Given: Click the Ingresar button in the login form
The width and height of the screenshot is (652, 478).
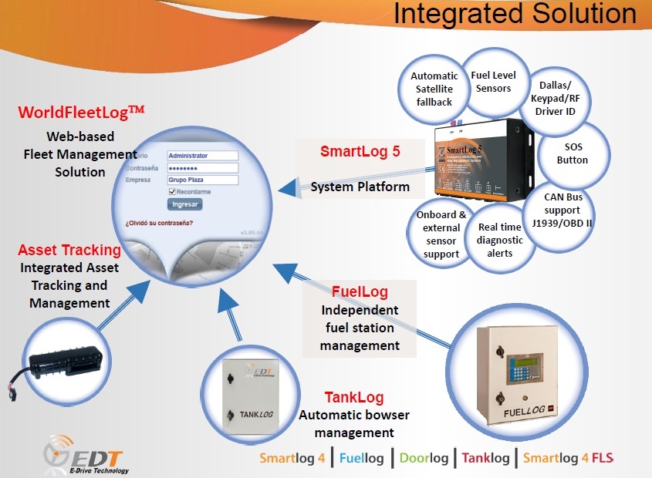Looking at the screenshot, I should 185,204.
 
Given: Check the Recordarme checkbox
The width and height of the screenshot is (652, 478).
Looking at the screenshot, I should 171,192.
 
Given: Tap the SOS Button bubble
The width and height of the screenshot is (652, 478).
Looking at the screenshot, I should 573,153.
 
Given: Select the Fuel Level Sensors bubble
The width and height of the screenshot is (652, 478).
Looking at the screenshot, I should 493,82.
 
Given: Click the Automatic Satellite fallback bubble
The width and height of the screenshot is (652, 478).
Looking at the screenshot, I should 434,89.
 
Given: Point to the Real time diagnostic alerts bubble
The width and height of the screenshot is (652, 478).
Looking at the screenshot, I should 499,240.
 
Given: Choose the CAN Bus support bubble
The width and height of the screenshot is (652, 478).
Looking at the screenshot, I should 562,210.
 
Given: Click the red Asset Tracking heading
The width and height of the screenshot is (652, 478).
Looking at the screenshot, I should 69,250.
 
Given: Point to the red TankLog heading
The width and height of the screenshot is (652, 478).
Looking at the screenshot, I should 354,397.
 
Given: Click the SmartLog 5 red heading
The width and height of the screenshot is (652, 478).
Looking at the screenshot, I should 360,151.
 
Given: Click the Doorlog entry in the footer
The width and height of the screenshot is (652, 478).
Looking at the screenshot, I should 424,458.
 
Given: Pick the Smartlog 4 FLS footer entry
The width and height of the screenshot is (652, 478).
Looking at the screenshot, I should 568,458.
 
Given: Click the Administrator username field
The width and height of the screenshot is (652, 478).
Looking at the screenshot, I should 202,155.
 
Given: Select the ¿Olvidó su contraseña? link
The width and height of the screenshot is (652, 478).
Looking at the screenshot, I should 160,224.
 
